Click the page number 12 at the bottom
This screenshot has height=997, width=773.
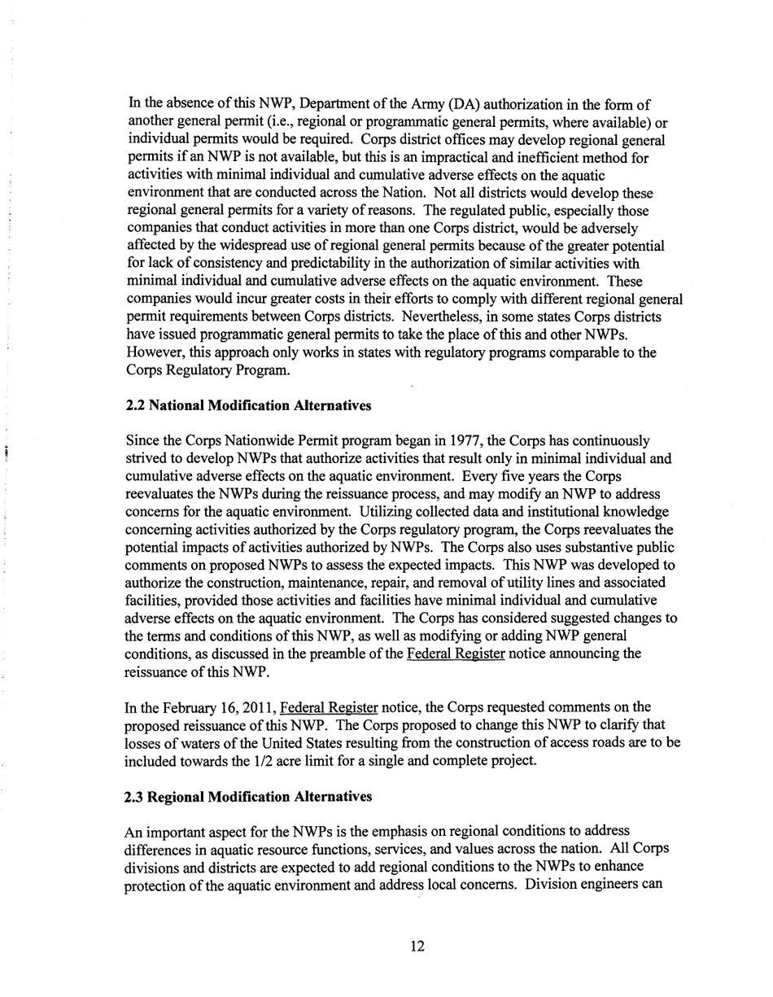click(417, 946)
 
